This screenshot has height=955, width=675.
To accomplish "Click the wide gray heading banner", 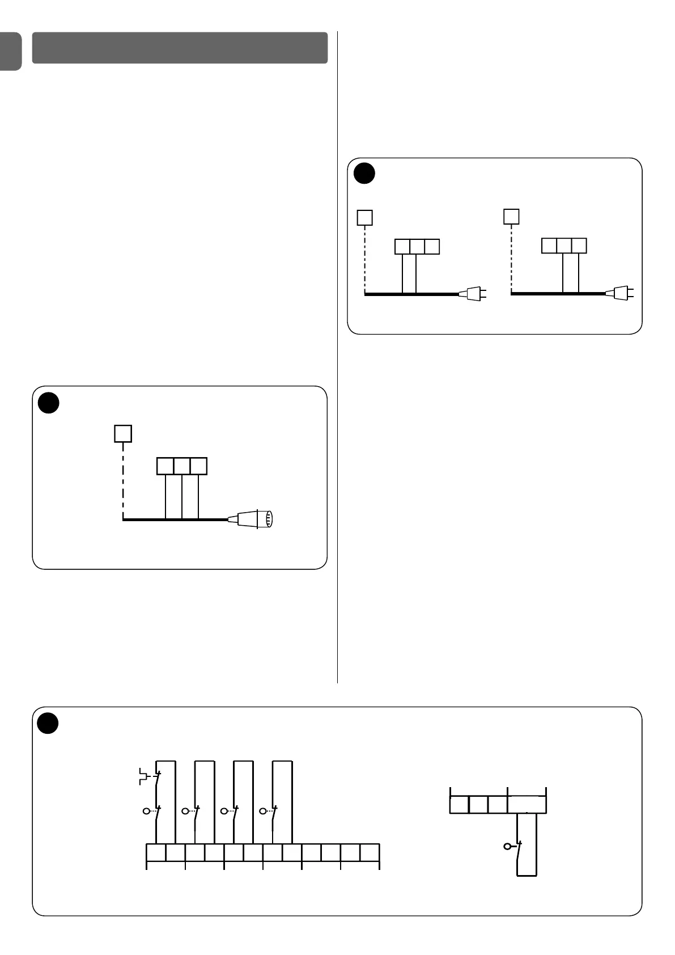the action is pos(180,48).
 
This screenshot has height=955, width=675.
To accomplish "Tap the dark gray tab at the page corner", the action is pos(10,50).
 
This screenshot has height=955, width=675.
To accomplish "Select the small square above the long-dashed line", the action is pos(123,434).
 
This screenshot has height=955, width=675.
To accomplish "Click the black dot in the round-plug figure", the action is pos(49,402).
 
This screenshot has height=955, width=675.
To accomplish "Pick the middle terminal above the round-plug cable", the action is pos(182,466).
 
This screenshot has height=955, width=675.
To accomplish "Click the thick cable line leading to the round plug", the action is pos(176,519).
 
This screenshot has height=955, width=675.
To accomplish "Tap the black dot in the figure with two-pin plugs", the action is pos(364,174).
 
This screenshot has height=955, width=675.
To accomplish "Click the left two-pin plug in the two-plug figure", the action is pos(473,294).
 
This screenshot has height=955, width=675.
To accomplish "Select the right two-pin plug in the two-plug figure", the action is pos(621,294).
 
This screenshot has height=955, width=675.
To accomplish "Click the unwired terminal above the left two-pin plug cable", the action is pos(432,247).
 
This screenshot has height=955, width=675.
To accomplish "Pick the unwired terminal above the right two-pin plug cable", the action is pos(549,246).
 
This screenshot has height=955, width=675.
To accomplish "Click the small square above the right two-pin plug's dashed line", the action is pos(512,217).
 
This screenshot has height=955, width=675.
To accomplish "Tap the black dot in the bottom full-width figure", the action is pos(48,723).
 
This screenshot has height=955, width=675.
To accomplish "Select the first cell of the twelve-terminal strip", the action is pos(156,853).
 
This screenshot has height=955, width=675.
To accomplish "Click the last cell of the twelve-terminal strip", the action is pos(370,853).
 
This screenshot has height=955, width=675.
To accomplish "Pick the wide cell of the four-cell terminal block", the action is pos(527,805).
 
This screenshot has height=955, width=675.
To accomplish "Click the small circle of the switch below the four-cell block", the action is pos(507,847).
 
